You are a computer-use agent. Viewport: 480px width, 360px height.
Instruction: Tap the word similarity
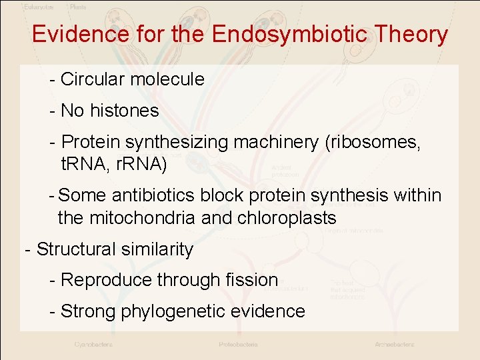pos(157,249)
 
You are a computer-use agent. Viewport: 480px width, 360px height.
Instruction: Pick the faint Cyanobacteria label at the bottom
pos(93,345)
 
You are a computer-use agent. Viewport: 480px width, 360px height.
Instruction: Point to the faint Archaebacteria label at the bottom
pos(394,345)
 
